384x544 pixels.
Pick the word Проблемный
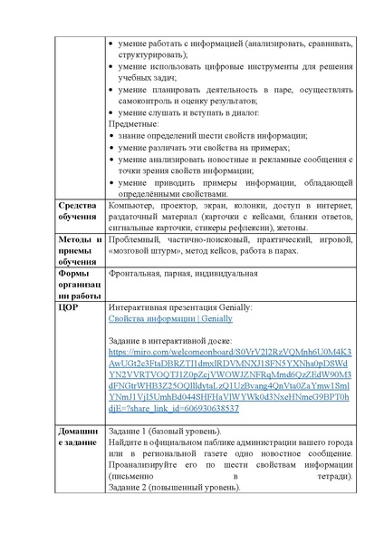click(133, 238)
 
